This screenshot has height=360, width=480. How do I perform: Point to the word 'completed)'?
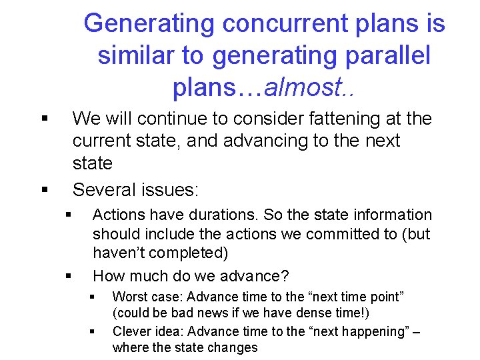(194, 253)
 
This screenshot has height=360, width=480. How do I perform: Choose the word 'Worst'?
(129, 296)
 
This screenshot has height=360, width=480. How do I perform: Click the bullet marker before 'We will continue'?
(44, 119)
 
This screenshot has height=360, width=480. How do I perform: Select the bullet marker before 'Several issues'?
(44, 190)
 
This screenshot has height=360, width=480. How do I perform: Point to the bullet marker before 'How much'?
(68, 276)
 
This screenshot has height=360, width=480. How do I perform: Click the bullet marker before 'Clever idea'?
(92, 331)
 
